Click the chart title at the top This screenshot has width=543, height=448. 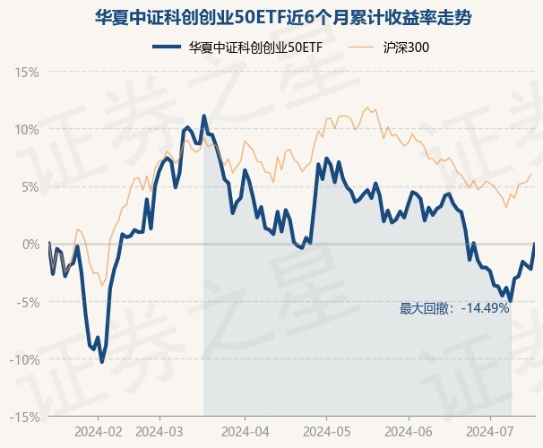[271, 17]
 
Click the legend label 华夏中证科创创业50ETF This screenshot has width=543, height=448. [255, 47]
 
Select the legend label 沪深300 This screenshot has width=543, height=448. [412, 47]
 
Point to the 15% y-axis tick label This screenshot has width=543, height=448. [28, 71]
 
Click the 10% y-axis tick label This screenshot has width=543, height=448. [28, 129]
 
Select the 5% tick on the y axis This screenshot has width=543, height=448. [30, 186]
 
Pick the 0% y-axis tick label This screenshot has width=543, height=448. [30, 244]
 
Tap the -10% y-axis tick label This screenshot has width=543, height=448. [26, 359]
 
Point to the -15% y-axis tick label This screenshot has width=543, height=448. [26, 417]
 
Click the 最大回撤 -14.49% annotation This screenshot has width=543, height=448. [454, 308]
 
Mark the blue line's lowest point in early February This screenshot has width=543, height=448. [101, 361]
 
